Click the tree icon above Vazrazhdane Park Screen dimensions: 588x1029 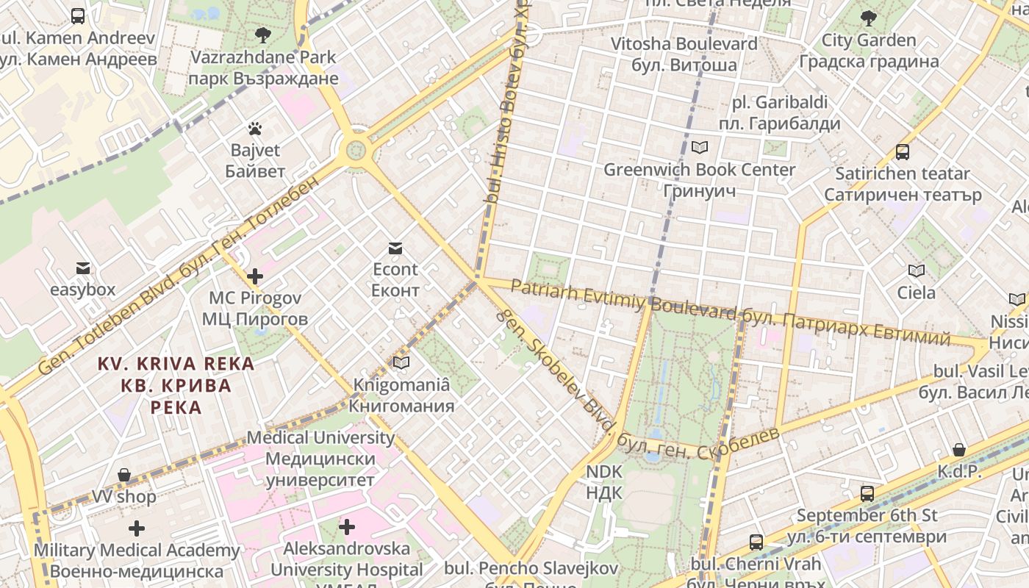262,35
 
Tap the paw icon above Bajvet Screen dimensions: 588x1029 255,129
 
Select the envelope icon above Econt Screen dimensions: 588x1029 395,248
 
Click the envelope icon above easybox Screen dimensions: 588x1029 83,268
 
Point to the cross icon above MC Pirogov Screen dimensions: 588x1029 255,276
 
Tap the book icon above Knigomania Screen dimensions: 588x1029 401,362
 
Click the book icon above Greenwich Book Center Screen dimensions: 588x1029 699,147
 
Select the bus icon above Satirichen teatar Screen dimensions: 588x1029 902,152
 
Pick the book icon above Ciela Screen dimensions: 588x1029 916,270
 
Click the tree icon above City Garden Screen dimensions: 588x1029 869,18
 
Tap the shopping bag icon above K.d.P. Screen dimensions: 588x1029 959,449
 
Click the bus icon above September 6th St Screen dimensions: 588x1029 867,493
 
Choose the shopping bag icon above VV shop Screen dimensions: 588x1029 124,475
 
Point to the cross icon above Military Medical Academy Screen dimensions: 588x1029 137,528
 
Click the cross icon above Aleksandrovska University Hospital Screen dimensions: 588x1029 347,526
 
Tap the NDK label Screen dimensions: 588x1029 604,481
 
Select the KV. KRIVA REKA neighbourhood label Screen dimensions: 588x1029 176,385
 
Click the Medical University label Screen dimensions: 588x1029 320,459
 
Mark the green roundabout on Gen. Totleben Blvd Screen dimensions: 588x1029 356,151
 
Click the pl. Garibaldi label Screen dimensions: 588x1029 779,112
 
